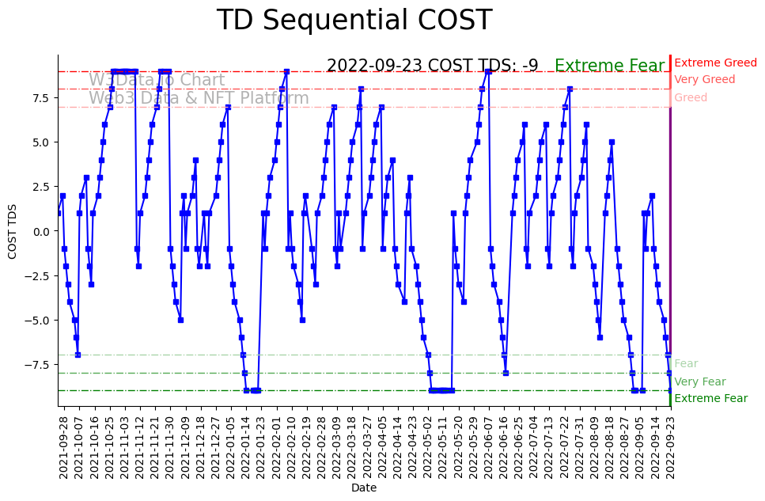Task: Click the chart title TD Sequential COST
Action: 354,21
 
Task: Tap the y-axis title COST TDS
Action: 13,231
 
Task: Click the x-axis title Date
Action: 364,488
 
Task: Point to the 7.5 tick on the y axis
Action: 39,97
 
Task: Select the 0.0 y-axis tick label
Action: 39,231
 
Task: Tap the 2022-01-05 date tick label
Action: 230,447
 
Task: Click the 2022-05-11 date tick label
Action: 443,447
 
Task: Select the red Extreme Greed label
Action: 715,63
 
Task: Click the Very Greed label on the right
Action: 704,80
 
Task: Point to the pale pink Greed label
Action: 691,98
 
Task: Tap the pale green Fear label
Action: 686,364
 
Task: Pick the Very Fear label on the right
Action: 699,381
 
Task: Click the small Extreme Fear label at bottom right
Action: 710,399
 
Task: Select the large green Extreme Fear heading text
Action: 610,66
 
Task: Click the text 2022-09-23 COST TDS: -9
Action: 432,66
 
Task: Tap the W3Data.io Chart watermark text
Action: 157,80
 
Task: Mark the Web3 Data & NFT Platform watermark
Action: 199,98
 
